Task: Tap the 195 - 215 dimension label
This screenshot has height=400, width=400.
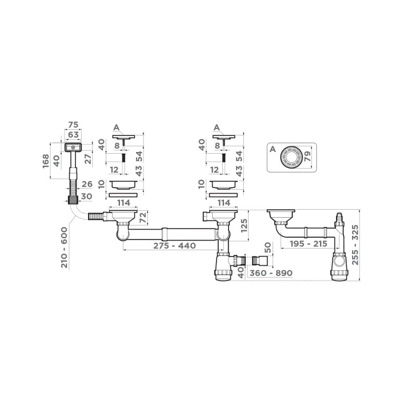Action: point(303,244)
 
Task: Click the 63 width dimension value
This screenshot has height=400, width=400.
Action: point(73,135)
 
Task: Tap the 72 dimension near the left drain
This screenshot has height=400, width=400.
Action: point(143,218)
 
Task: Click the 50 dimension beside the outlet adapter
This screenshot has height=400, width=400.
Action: point(268,249)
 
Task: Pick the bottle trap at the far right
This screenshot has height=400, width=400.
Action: point(339,265)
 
